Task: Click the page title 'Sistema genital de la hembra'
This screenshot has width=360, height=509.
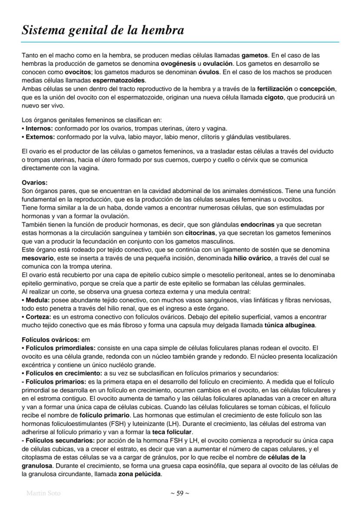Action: click(x=103, y=30)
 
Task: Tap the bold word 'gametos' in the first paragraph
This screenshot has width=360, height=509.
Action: click(x=255, y=56)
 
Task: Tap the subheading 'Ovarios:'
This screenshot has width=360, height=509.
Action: click(x=34, y=183)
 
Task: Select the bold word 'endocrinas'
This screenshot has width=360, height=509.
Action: click(x=259, y=225)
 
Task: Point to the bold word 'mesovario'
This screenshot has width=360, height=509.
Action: click(x=37, y=258)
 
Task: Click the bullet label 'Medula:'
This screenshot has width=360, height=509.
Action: click(x=37, y=300)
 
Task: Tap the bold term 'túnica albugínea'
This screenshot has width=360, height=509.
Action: click(x=290, y=325)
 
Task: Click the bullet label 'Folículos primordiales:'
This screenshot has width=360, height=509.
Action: click(x=60, y=348)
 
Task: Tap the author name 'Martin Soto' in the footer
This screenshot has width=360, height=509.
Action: click(x=43, y=493)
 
